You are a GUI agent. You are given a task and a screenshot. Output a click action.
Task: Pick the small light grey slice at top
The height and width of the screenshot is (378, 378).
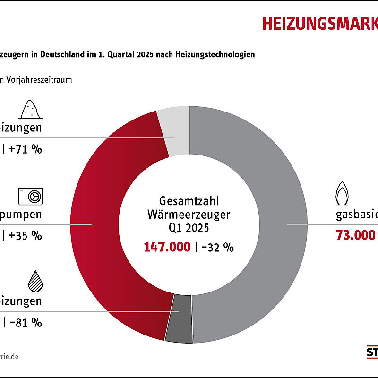point(174,130)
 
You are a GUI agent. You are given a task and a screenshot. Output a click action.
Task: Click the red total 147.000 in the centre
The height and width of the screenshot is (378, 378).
point(167,247)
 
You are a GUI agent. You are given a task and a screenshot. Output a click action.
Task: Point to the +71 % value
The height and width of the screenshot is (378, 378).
point(26,150)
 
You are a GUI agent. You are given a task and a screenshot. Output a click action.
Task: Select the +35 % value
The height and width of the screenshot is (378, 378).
point(26,235)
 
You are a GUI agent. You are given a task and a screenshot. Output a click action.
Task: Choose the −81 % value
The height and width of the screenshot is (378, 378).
point(26,323)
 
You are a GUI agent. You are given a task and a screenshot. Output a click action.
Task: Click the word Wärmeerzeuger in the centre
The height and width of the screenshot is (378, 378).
point(189,214)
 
